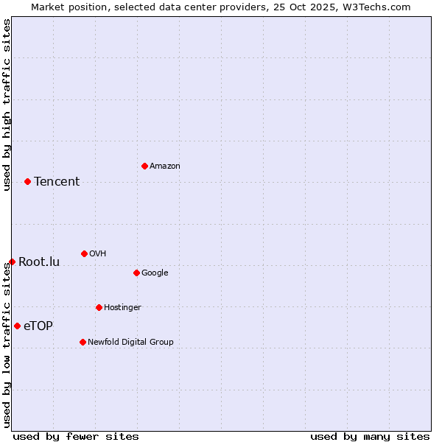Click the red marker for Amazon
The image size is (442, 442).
(x=144, y=166)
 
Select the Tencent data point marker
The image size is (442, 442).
(x=27, y=181)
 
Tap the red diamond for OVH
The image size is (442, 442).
(x=84, y=253)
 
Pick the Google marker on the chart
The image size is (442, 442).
(x=136, y=273)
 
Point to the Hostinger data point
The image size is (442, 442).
(x=99, y=307)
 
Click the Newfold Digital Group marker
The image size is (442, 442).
(x=83, y=342)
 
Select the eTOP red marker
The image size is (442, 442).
(x=17, y=326)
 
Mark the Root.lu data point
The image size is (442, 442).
(x=12, y=262)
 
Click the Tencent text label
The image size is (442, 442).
(x=57, y=181)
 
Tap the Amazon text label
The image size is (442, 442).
(x=164, y=166)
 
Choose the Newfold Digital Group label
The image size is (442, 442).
(x=130, y=342)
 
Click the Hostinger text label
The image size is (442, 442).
(x=122, y=307)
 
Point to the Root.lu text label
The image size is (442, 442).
(x=39, y=262)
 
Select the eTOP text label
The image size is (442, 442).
(x=38, y=326)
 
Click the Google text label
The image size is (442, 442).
(x=155, y=273)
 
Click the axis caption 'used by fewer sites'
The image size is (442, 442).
(x=76, y=436)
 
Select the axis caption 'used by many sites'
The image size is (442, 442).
(x=370, y=436)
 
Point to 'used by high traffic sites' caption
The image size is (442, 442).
(x=7, y=105)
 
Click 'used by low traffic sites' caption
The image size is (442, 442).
(x=7, y=345)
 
